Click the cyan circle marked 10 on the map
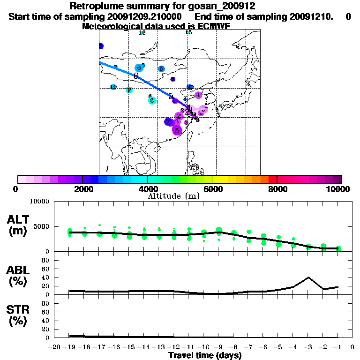pyautogui.click(x=113, y=87)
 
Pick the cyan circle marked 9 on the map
pyautogui.click(x=129, y=90)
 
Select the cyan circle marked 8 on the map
pyautogui.click(x=152, y=100)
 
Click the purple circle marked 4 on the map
pyautogui.click(x=198, y=95)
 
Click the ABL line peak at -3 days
pyautogui.click(x=308, y=277)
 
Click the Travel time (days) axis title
pyautogui.click(x=205, y=356)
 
